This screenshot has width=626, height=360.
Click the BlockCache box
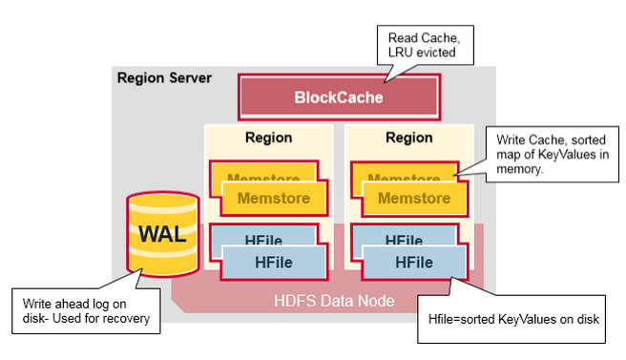(339, 97)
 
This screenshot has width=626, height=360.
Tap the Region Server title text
(164, 77)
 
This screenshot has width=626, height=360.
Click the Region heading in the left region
(268, 138)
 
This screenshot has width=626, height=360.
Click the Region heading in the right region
(408, 138)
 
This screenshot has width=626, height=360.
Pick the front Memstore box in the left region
(276, 199)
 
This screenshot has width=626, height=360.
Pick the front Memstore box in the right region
(414, 199)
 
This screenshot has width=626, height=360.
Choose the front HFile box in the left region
(274, 262)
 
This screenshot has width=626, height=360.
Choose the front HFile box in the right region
(414, 262)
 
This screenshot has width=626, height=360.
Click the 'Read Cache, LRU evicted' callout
(427, 45)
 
